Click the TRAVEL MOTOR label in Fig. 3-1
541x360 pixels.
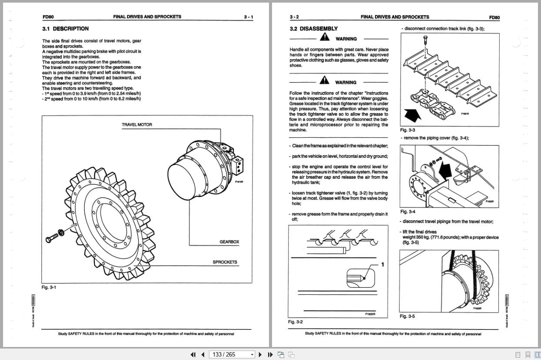point(137,125)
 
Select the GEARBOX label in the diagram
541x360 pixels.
point(229,242)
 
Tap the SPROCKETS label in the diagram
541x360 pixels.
point(225,262)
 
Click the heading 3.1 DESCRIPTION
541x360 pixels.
point(65,29)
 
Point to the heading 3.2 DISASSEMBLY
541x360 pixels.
point(313,29)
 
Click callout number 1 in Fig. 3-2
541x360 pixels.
point(382,264)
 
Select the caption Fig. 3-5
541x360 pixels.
point(407,316)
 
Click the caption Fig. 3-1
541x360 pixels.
point(49,287)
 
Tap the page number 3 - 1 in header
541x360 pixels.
point(248,17)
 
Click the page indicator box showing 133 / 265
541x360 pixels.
point(232,354)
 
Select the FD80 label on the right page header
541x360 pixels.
point(494,17)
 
